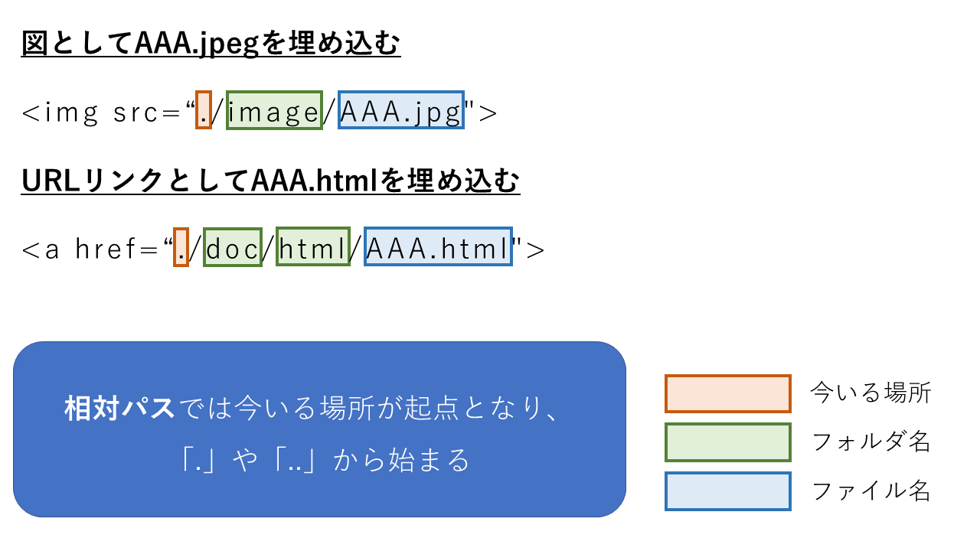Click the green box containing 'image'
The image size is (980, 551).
point(274,110)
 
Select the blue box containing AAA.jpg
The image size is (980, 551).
point(400,110)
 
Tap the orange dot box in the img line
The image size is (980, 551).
point(203,110)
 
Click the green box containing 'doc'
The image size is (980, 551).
point(233,247)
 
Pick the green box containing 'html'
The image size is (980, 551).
point(312,247)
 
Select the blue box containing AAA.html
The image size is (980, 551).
point(438,247)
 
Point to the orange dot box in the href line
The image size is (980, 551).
point(181,247)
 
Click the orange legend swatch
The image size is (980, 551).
point(727,393)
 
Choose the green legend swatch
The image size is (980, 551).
point(727,442)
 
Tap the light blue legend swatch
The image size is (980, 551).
point(727,491)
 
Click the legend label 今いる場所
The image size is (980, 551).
point(871,393)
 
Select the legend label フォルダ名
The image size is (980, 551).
point(871,442)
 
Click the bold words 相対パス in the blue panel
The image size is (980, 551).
point(120,409)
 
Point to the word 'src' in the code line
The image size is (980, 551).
point(136,113)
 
